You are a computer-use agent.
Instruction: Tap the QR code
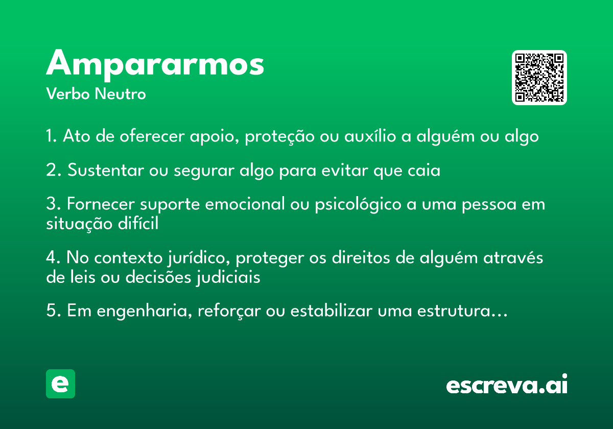[x=539, y=78]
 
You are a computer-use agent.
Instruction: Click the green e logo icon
[x=60, y=384]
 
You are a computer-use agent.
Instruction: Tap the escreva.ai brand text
[x=507, y=385]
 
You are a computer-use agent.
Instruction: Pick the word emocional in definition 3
[x=244, y=204]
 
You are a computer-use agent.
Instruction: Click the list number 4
[x=51, y=258]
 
